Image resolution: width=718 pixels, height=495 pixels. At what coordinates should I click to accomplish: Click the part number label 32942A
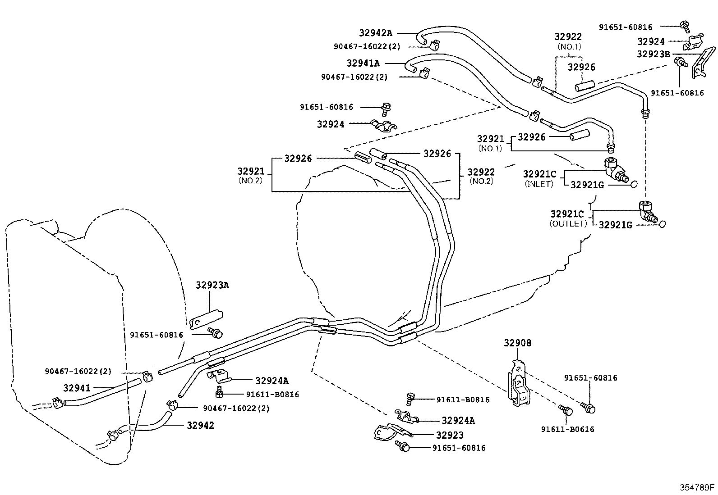click(x=375, y=33)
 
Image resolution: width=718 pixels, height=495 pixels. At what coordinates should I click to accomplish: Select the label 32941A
click(x=363, y=64)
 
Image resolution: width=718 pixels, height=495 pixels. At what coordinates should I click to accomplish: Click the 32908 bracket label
click(x=517, y=343)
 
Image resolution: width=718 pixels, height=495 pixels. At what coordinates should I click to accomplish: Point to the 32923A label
click(x=212, y=285)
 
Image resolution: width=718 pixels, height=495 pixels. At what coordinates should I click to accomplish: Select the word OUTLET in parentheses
click(x=568, y=224)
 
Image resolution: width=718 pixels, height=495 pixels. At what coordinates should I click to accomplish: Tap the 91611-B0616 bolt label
click(x=567, y=429)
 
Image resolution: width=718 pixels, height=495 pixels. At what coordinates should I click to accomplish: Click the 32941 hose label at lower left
click(x=77, y=388)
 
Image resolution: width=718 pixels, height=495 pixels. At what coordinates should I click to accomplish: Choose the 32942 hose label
click(x=200, y=425)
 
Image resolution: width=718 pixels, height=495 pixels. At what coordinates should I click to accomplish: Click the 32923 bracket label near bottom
click(x=450, y=435)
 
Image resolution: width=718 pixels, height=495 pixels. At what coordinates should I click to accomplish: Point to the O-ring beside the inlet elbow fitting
click(x=633, y=184)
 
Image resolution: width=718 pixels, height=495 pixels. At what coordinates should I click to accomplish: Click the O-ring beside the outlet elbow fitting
click(x=662, y=223)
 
